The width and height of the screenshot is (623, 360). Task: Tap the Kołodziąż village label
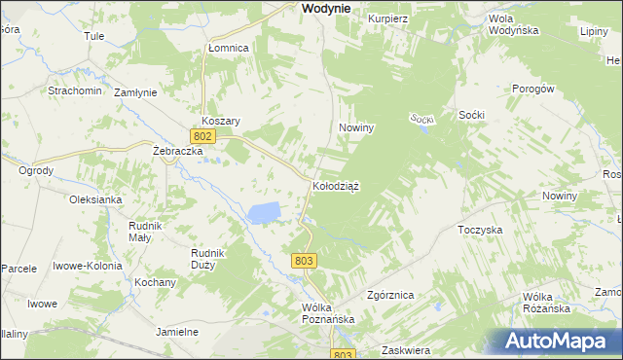pyautogui.click(x=336, y=186)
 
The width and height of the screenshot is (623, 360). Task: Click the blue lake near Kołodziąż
pyautogui.click(x=264, y=212)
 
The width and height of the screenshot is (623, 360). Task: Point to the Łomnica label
pyautogui.click(x=229, y=48)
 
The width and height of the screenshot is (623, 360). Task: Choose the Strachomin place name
pyautogui.click(x=75, y=90)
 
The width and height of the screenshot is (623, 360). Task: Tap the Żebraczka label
pyautogui.click(x=177, y=152)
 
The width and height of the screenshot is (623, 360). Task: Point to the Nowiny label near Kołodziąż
pyautogui.click(x=356, y=127)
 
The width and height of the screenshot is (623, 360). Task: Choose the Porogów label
pyautogui.click(x=532, y=89)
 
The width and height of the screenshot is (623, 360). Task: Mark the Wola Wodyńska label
pyautogui.click(x=513, y=25)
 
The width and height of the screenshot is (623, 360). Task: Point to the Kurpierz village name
pyautogui.click(x=386, y=18)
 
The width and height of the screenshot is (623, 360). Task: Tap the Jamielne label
pyautogui.click(x=177, y=332)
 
